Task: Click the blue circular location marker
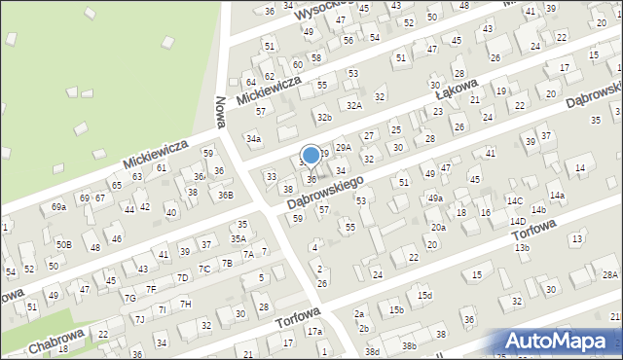311,155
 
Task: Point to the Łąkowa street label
457,94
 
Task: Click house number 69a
58,207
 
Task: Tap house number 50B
63,244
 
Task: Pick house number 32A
353,105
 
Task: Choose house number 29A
343,148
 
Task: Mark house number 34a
253,139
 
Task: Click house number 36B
225,195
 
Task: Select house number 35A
238,237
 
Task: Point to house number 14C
514,200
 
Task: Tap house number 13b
523,248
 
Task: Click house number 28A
609,275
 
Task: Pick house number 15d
424,295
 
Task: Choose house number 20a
439,227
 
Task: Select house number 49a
435,198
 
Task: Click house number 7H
186,304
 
